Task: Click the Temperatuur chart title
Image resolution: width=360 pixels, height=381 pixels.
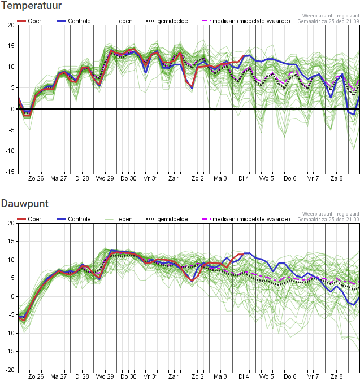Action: tap(31, 5)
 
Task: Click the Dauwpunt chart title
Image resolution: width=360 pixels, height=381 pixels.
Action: tap(24, 204)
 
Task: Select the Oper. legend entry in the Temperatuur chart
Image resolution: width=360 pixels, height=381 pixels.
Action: tap(30, 21)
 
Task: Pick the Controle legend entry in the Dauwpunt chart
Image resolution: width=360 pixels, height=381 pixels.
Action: tap(73, 219)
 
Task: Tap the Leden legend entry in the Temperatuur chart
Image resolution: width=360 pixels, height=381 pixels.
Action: tap(119, 21)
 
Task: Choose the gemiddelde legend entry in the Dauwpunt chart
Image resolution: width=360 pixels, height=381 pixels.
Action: tap(167, 219)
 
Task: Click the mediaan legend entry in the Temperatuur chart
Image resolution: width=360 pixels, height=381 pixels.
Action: tap(246, 21)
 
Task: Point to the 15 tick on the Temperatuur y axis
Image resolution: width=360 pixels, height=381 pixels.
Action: tap(11, 46)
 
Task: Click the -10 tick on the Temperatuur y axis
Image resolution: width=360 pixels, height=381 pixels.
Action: tap(10, 151)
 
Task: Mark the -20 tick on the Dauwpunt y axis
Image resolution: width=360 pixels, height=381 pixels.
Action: tap(10, 370)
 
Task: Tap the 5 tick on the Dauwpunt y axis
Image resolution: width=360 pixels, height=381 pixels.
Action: tap(12, 278)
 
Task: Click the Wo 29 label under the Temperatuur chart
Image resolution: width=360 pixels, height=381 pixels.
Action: tap(105, 178)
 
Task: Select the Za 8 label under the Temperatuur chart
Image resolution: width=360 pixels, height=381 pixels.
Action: tap(337, 178)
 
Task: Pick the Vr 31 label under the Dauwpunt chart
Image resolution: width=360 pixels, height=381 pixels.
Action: tap(150, 376)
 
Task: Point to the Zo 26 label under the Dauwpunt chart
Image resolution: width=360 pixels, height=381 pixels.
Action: tap(36, 376)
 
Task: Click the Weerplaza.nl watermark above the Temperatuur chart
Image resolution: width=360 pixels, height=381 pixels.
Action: tap(331, 16)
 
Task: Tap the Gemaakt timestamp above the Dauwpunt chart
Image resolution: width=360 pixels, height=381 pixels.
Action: tap(328, 220)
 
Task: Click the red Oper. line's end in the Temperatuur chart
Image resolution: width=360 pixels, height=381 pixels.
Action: tap(244, 56)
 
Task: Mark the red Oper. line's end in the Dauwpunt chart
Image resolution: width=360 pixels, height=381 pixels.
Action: tap(243, 255)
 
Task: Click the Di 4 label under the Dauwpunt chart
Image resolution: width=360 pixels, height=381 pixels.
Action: tap(244, 376)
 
